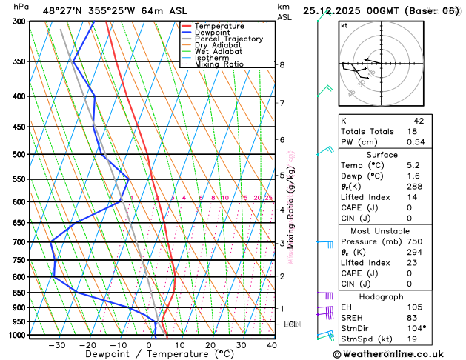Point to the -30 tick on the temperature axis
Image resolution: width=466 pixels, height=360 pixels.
click(x=57, y=345)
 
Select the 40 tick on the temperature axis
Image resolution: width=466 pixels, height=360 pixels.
click(x=272, y=345)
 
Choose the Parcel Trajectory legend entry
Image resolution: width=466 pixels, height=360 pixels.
click(x=228, y=39)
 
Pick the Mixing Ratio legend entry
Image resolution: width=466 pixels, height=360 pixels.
click(x=219, y=64)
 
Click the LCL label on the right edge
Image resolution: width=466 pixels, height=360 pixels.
click(x=291, y=324)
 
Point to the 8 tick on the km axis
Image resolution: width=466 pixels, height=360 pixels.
click(x=282, y=65)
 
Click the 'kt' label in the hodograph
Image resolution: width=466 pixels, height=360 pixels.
click(x=344, y=25)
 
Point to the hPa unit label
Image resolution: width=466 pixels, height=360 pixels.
click(x=21, y=7)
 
